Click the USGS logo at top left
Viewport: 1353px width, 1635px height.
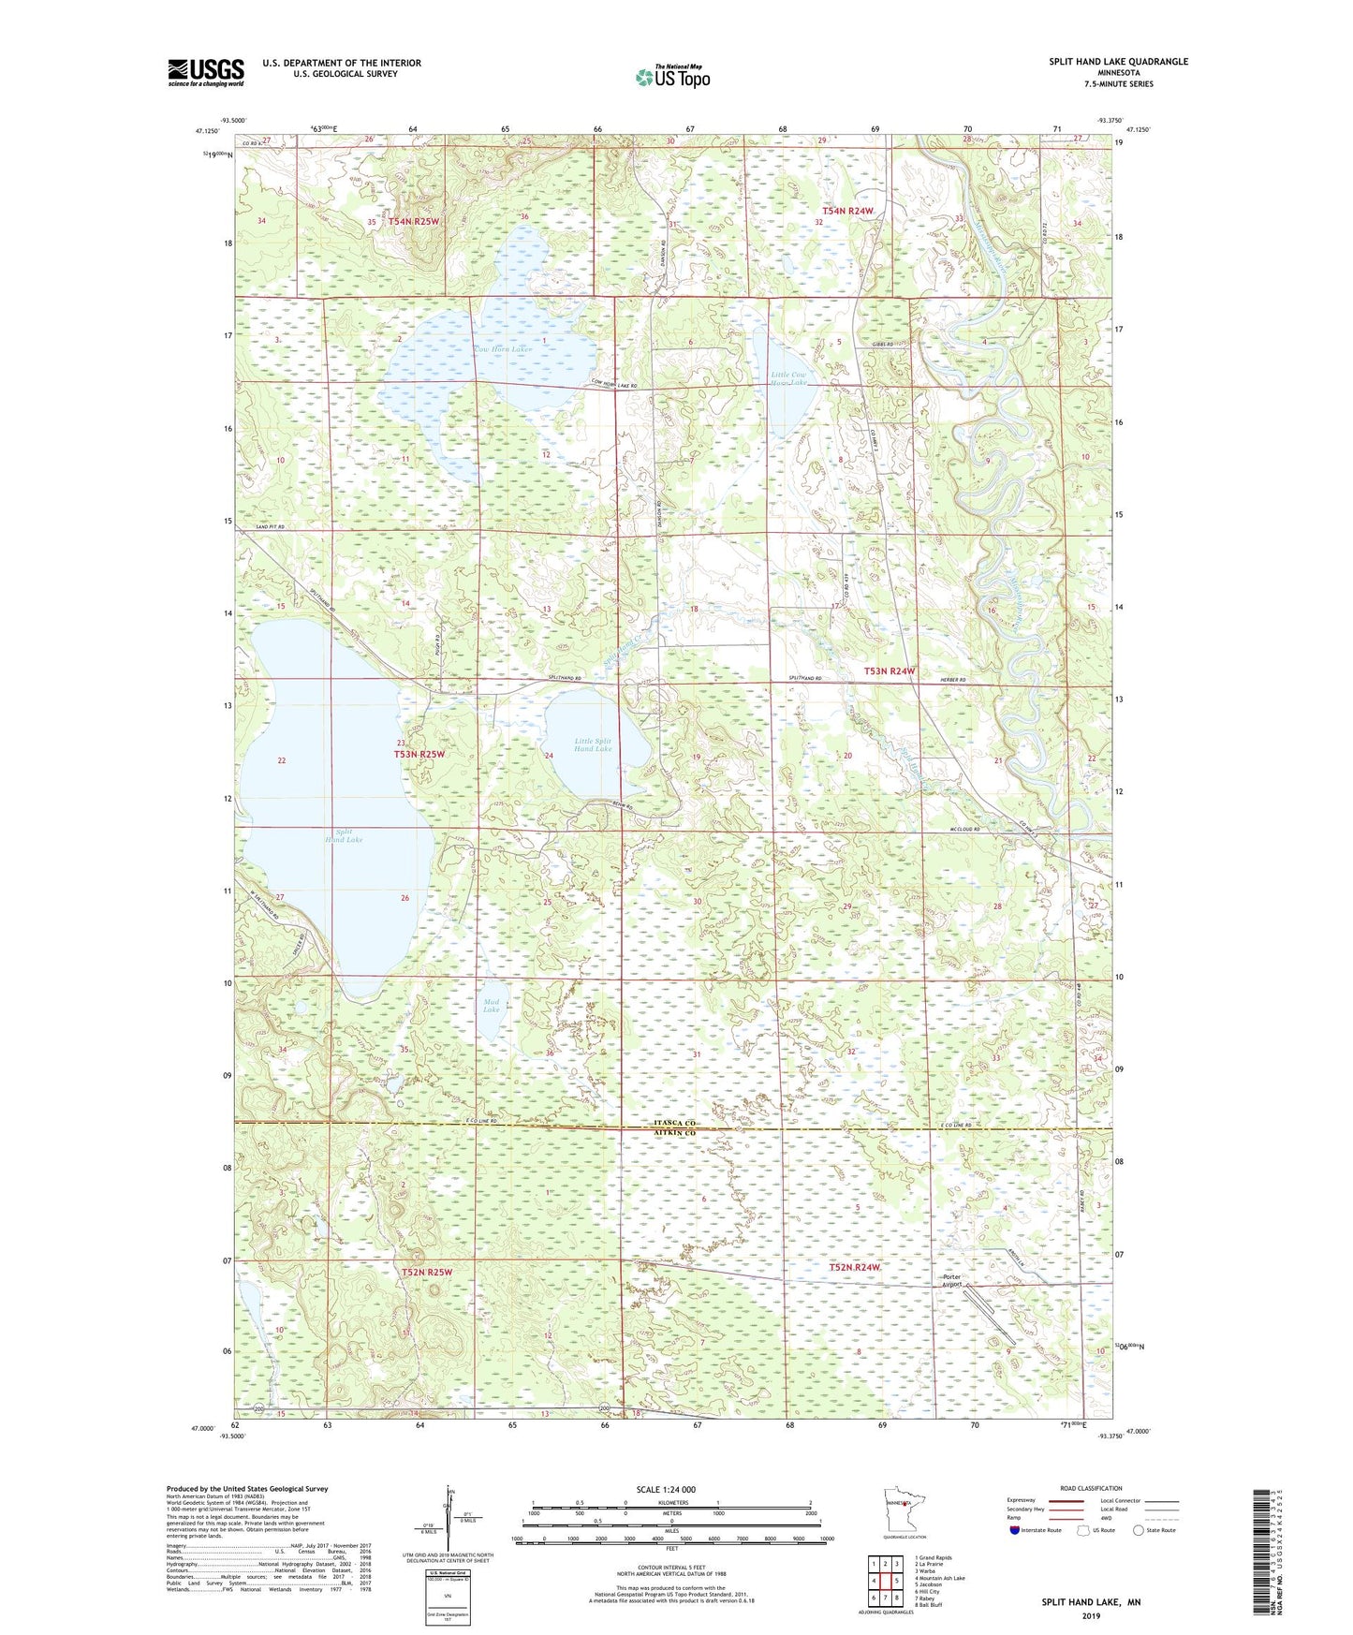click(206, 72)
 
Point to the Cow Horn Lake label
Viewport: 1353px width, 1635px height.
click(502, 349)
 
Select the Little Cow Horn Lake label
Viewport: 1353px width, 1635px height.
click(788, 378)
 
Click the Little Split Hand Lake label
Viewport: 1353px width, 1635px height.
click(593, 744)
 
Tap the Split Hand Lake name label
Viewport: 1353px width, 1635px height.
click(344, 836)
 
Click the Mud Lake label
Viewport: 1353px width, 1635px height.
click(492, 1006)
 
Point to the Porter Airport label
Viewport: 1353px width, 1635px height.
click(952, 1282)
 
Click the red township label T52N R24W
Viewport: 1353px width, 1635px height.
click(856, 1267)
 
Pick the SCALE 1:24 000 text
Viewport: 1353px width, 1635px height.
click(666, 1489)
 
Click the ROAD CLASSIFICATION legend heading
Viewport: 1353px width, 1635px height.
click(1090, 1488)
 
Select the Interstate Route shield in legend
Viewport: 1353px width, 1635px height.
click(1016, 1530)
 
